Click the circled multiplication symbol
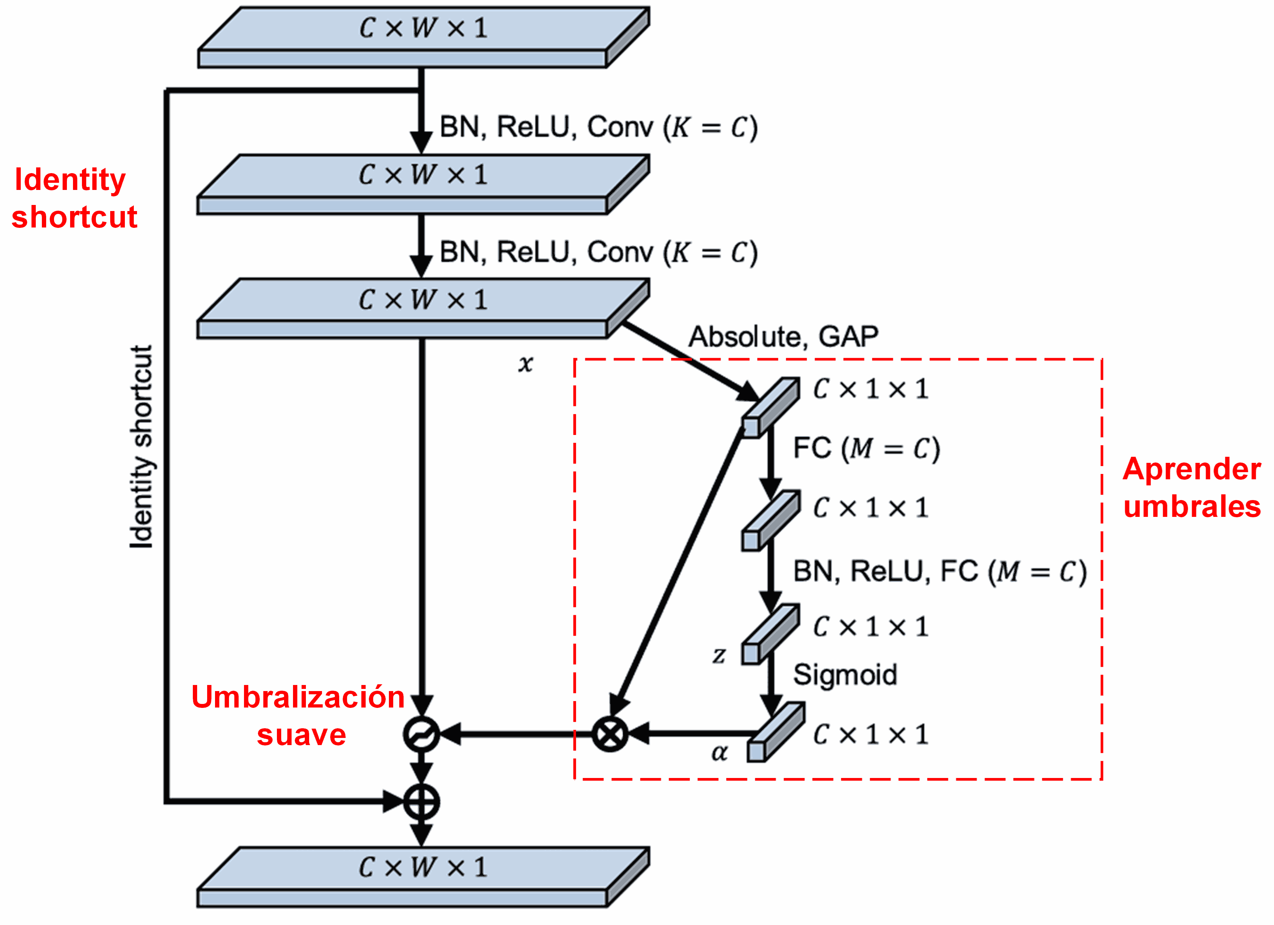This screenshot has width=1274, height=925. (x=610, y=734)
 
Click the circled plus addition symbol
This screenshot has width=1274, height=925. (x=421, y=802)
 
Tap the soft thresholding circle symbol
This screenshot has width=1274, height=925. (x=421, y=734)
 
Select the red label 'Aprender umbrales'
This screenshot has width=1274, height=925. (x=1191, y=488)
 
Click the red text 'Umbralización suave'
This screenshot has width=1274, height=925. (x=299, y=715)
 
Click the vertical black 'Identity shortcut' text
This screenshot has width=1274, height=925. (x=141, y=446)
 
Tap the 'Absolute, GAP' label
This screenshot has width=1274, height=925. (x=783, y=337)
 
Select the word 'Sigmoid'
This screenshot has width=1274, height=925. (x=845, y=675)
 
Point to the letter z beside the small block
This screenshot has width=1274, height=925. (x=719, y=655)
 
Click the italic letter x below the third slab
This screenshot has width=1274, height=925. (x=525, y=364)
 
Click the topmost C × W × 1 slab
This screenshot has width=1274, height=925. (x=424, y=37)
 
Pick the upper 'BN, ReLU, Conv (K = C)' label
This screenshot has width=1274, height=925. (x=598, y=127)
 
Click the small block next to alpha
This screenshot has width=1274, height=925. (x=775, y=732)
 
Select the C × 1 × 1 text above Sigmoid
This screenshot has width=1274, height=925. (x=871, y=627)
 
